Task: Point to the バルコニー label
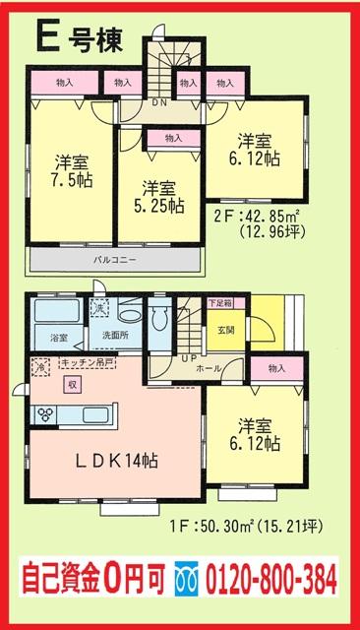click(114, 260)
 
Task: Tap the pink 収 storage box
click(72, 385)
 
